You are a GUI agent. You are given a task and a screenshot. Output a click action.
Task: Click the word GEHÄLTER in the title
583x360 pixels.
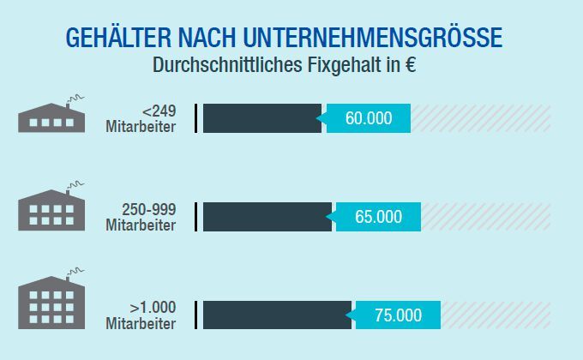pyautogui.click(x=113, y=39)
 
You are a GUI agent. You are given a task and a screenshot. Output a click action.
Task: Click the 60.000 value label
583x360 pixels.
pyautogui.click(x=368, y=118)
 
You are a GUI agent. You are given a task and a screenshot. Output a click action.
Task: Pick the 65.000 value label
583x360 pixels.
pyautogui.click(x=378, y=217)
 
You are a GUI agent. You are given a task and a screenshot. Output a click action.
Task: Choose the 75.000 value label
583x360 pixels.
pyautogui.click(x=398, y=315)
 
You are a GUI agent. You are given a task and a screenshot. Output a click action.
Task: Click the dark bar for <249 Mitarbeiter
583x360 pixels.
pyautogui.click(x=261, y=118)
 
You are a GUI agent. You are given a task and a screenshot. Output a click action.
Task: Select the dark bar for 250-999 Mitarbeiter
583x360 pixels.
pyautogui.click(x=267, y=217)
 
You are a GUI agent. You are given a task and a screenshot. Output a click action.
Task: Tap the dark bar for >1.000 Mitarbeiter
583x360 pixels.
pyautogui.click(x=277, y=315)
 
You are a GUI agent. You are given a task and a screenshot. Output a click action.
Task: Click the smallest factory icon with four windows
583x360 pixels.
pyautogui.click(x=51, y=117)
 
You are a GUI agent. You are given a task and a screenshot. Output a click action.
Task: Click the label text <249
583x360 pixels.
pyautogui.click(x=159, y=111)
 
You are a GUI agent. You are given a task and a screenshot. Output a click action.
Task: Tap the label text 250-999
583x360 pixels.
pyautogui.click(x=149, y=209)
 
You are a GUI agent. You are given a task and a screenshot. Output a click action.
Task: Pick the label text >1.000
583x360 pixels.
pyautogui.click(x=153, y=308)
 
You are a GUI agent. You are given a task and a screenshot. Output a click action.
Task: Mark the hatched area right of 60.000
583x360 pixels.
pyautogui.click(x=480, y=118)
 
